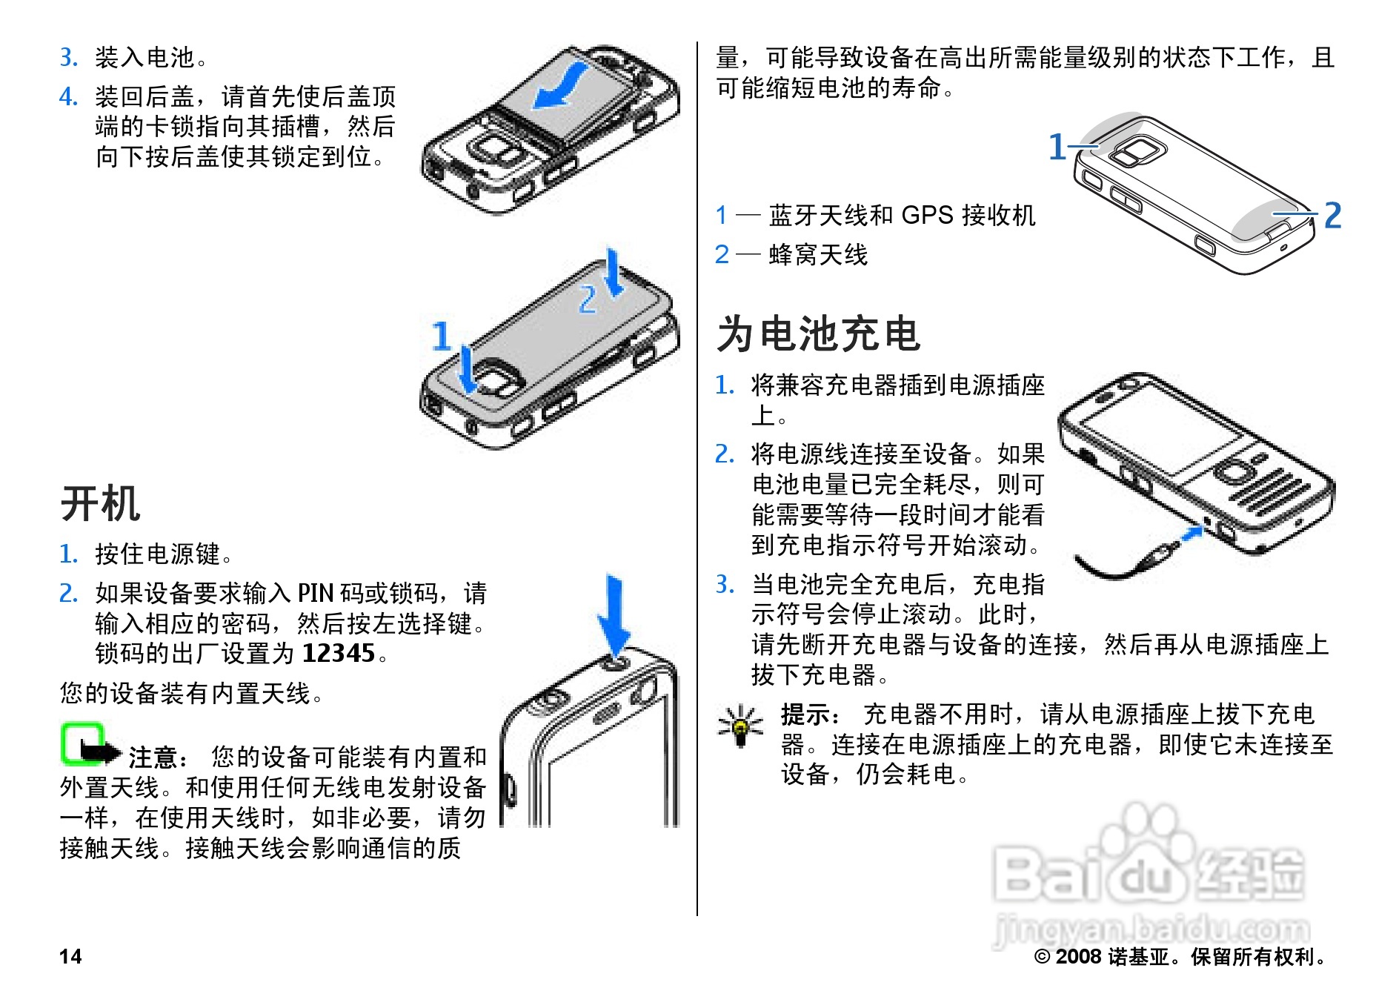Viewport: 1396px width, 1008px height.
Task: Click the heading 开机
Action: point(100,504)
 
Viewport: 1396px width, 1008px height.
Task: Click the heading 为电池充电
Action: point(819,334)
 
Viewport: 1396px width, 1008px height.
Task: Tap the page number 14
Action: point(70,956)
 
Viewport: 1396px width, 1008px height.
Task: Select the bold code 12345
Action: point(339,653)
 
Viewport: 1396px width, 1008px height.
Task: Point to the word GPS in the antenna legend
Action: point(927,215)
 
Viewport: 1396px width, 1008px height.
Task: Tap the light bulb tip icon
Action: point(740,725)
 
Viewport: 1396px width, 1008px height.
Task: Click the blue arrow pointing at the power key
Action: point(614,615)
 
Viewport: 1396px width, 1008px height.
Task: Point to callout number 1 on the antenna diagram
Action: point(1057,147)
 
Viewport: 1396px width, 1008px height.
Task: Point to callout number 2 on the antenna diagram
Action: point(1332,216)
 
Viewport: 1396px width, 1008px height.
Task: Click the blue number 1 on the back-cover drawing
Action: point(442,335)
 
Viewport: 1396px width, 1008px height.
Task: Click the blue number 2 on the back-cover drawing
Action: point(588,299)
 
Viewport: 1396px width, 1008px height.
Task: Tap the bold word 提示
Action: point(807,714)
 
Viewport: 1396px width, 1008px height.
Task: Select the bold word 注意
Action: point(154,757)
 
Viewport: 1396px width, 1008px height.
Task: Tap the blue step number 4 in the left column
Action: point(68,96)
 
